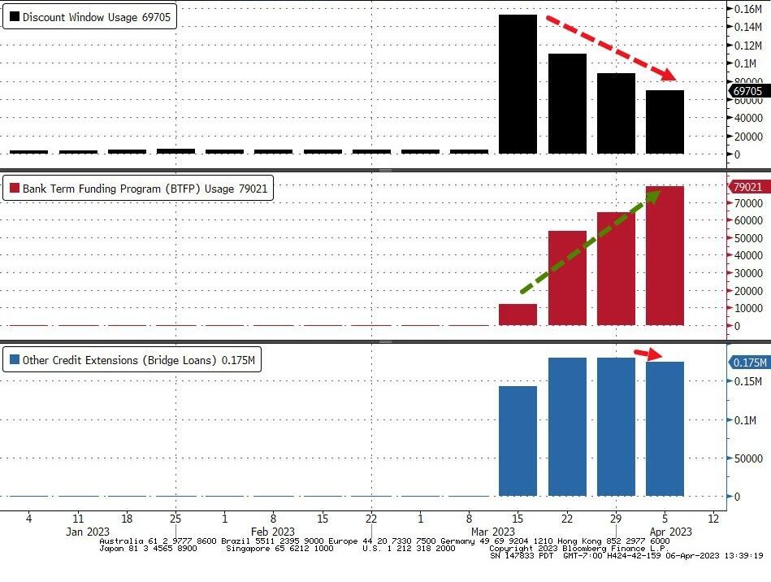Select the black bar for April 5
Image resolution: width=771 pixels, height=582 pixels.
coord(665,122)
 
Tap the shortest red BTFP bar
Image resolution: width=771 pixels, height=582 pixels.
coord(518,315)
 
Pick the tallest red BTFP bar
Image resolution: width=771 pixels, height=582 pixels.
coord(665,256)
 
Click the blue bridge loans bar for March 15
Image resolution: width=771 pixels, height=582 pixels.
coord(518,441)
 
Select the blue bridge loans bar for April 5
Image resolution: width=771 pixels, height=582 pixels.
coord(665,428)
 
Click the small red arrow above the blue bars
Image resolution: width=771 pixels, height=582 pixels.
coord(649,354)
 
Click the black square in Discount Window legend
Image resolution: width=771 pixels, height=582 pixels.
coord(14,16)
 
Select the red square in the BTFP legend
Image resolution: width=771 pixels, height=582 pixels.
coord(14,189)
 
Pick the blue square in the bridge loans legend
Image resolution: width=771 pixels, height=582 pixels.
coord(14,359)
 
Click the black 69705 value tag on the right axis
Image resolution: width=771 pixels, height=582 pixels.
coord(747,91)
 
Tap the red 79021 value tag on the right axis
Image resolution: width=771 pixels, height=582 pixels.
coord(747,187)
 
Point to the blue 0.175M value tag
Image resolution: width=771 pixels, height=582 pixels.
coord(747,363)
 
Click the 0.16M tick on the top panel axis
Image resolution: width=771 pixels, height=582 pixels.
coord(747,9)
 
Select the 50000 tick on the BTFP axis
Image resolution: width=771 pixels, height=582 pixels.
coord(747,238)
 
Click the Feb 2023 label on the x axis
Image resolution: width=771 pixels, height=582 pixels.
coord(273,532)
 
